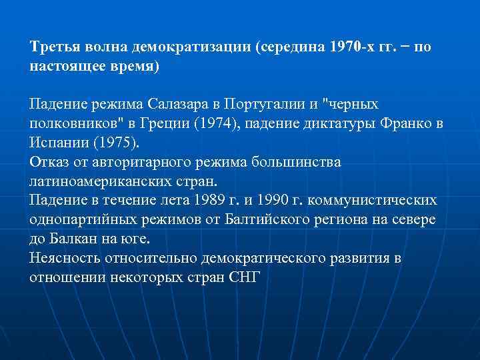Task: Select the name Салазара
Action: [x=183, y=105]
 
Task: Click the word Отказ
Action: [x=47, y=163]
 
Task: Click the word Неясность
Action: [x=63, y=258]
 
